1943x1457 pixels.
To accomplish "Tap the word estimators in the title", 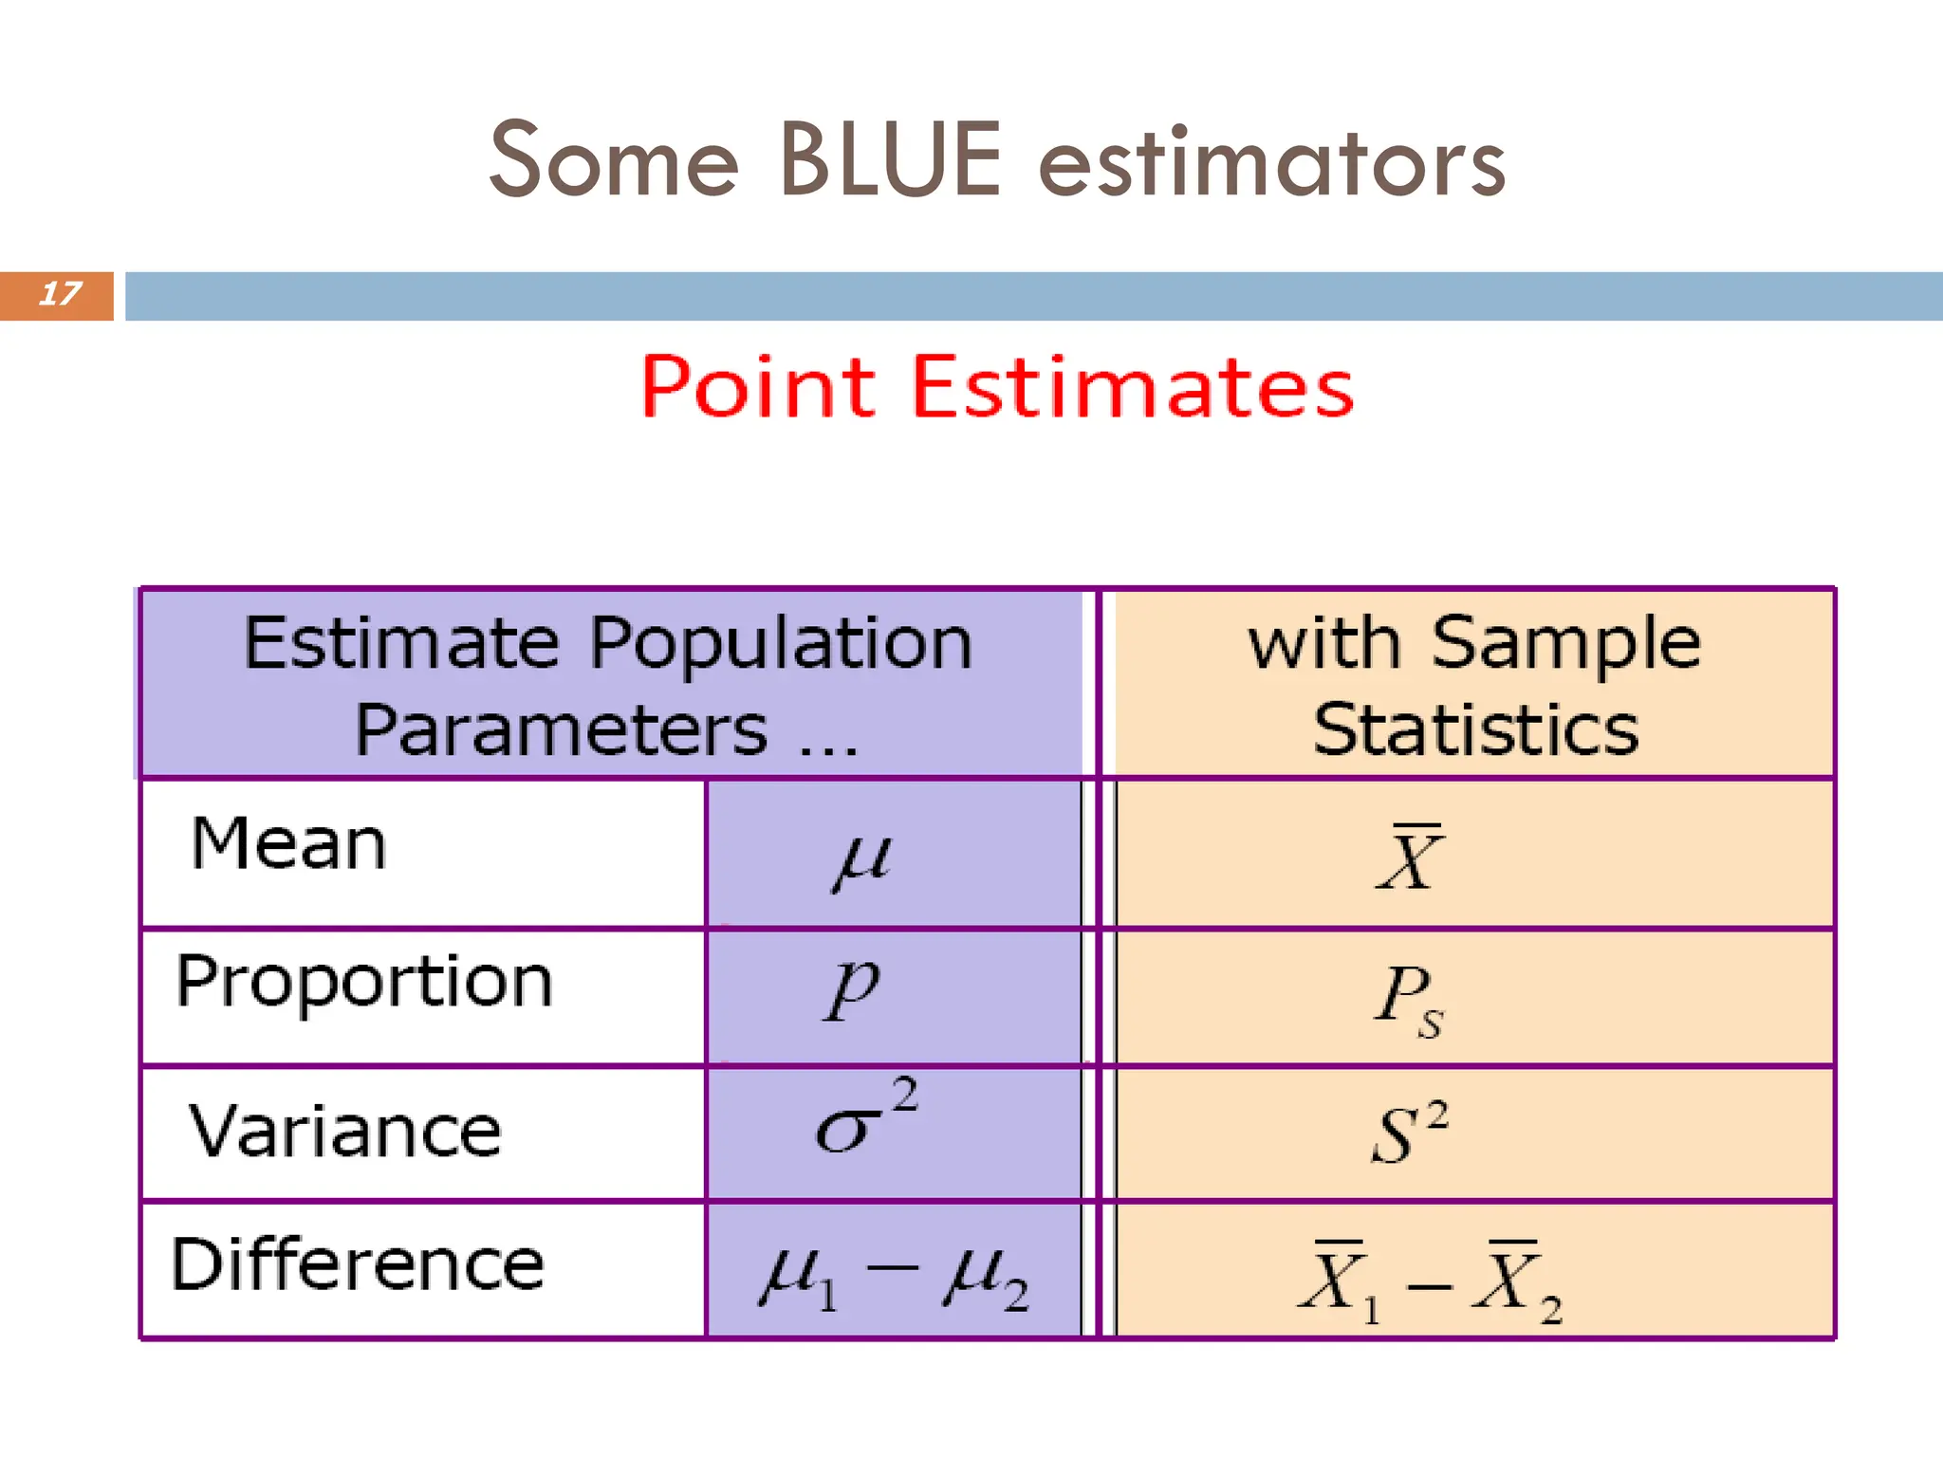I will pos(1272,163).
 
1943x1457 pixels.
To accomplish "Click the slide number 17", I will pos(59,294).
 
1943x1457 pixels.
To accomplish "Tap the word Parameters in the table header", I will pos(561,730).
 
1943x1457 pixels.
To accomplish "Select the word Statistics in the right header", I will pos(1475,730).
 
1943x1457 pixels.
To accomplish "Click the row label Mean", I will pos(288,843).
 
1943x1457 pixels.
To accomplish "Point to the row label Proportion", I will pos(363,982).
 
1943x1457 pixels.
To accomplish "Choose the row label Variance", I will pos(344,1132).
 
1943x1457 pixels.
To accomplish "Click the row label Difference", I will pos(357,1264).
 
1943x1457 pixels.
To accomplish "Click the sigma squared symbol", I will pos(864,1119).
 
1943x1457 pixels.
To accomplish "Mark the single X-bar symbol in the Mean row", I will pos(1410,858).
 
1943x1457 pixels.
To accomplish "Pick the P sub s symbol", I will pos(1409,1000).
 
